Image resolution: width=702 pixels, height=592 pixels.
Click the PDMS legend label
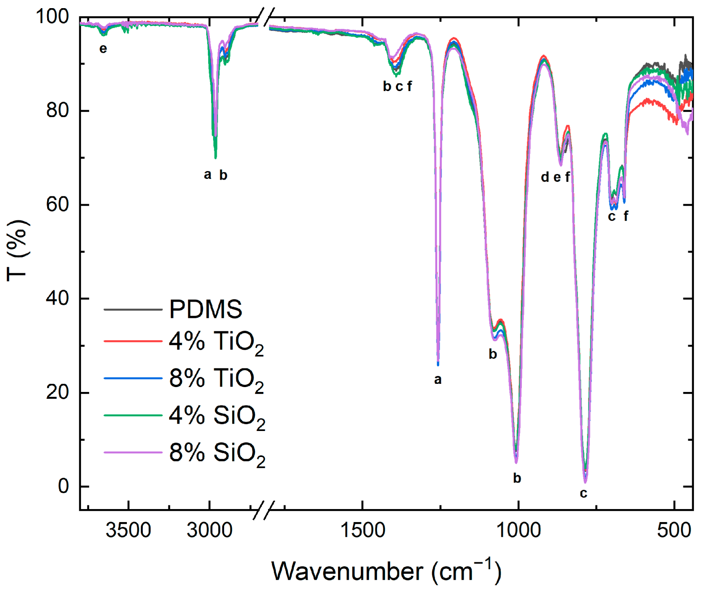pos(205,309)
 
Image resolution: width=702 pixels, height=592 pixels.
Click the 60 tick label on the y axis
pos(57,204)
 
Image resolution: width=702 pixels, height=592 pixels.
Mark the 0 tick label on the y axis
pos(63,486)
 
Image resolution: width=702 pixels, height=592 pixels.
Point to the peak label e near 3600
pos(103,49)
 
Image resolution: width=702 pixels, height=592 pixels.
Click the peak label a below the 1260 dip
pos(438,380)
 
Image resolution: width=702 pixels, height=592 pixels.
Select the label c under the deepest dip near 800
pos(584,494)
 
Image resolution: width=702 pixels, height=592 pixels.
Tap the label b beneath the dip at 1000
pos(517,478)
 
